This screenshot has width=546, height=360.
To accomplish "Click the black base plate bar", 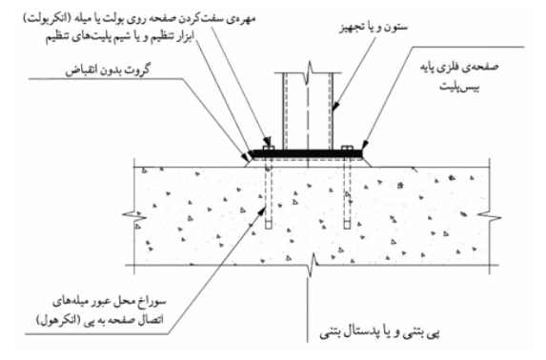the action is point(307,153).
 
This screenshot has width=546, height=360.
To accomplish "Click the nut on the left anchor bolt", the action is point(268,148).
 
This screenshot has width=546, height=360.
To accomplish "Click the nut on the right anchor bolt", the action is point(347,148).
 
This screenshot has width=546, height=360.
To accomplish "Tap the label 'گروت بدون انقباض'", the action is point(108,70).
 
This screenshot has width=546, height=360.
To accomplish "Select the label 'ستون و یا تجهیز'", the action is point(374,28).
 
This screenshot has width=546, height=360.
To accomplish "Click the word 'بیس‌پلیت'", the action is point(459,87).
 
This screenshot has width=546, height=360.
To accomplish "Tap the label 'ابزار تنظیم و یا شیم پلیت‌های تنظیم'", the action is point(120,37).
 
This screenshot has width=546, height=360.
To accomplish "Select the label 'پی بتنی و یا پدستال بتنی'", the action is point(379,333).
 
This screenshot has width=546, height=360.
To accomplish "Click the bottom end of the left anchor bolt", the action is point(268,229).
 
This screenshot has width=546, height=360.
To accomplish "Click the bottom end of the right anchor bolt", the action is point(347,229).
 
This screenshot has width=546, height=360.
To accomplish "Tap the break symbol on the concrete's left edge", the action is point(134,216).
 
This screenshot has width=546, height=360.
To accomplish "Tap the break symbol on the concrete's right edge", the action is point(489,216).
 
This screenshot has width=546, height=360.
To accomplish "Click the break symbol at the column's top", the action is point(308,72).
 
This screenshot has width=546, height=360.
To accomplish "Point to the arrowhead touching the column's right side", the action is point(334,107).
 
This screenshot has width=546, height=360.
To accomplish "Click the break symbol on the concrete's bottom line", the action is point(313,266).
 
